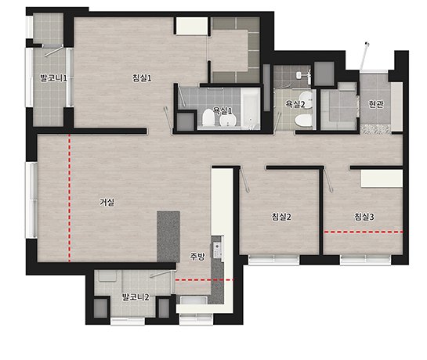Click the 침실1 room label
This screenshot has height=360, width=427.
pos(142,78)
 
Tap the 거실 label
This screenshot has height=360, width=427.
pos(107,202)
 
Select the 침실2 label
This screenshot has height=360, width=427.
pos(281,217)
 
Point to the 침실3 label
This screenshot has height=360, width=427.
pos(364,217)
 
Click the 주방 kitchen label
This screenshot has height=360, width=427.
pos(197,257)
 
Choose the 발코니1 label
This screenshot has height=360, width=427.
pos(53,78)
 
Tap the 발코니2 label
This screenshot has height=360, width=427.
pos(136,297)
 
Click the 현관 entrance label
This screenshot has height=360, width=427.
pos(376,104)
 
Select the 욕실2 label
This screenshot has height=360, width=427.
pos(295,103)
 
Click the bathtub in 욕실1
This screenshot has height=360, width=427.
pos(250,108)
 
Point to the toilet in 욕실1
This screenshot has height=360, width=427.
pos(208,118)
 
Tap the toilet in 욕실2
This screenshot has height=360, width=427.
pos(303,120)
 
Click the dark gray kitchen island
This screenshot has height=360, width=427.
pos(168,236)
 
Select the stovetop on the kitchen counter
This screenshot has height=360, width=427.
pos(217,250)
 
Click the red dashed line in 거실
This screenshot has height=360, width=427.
pos(70,198)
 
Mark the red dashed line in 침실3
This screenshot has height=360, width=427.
pos(364,232)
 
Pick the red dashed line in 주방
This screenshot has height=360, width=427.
pos(204,279)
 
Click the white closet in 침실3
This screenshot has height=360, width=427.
pos(382,178)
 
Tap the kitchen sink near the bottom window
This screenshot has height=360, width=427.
pos(194,301)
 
